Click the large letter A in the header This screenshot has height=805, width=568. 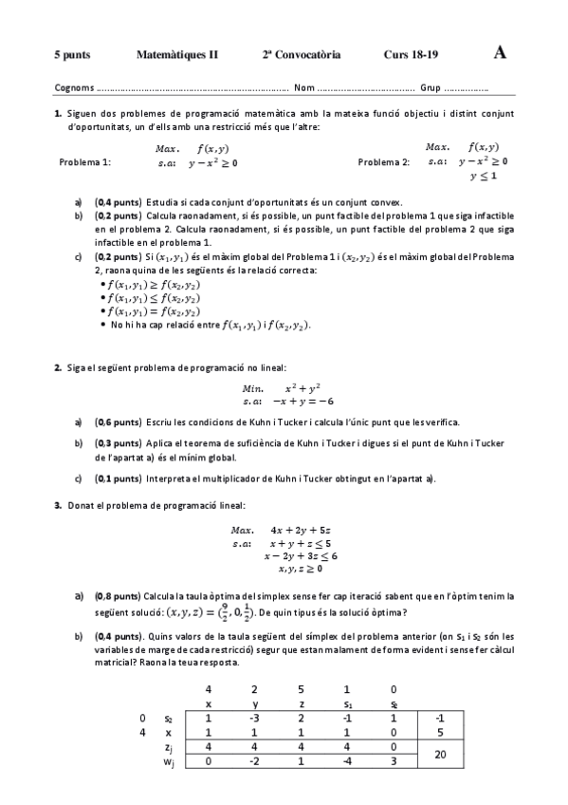pos(500,53)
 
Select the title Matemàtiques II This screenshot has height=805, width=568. pos(176,55)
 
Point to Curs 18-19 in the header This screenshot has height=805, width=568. pos(411,55)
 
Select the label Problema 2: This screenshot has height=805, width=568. pos(384,162)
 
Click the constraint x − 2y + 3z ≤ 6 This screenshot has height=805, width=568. pos(302,555)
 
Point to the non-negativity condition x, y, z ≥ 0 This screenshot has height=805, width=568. pos(301,569)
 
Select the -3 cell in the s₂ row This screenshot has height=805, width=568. pos(254,718)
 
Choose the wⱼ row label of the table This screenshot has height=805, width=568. pos(168,761)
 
